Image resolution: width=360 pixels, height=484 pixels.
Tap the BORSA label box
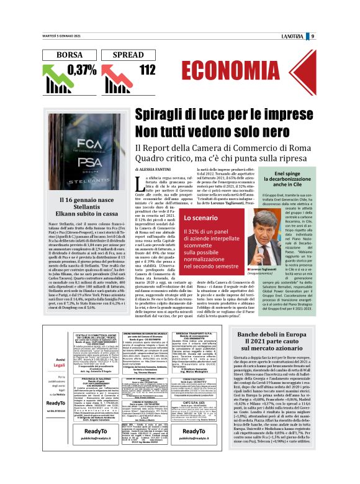point(69,55)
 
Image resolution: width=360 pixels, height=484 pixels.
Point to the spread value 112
point(147,70)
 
